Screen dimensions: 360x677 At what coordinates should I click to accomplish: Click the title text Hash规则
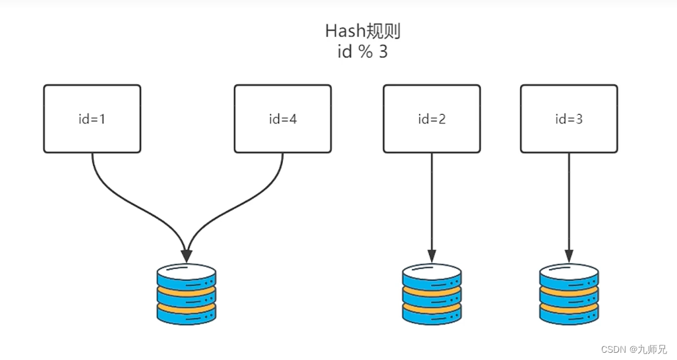[362, 31]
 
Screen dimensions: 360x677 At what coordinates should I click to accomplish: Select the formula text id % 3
[362, 53]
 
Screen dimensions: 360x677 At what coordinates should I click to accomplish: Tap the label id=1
[92, 119]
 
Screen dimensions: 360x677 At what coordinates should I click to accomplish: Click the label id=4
[283, 119]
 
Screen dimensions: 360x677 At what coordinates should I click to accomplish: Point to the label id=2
[432, 119]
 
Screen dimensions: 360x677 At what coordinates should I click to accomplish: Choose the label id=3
[569, 119]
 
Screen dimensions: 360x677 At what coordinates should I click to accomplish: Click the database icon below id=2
[432, 294]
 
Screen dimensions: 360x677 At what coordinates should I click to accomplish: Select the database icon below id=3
[569, 294]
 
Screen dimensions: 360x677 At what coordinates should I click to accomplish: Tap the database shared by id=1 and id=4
[187, 294]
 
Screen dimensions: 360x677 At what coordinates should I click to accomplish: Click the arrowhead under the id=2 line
[432, 255]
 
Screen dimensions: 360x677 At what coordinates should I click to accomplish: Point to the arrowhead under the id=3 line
[569, 255]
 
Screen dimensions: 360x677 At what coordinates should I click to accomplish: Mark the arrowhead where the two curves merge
[187, 255]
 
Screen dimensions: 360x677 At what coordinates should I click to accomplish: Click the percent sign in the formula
[365, 53]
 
